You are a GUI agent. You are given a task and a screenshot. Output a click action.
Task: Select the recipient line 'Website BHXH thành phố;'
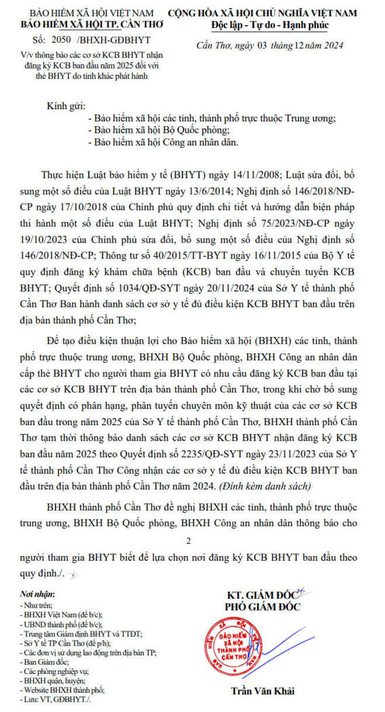63,689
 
